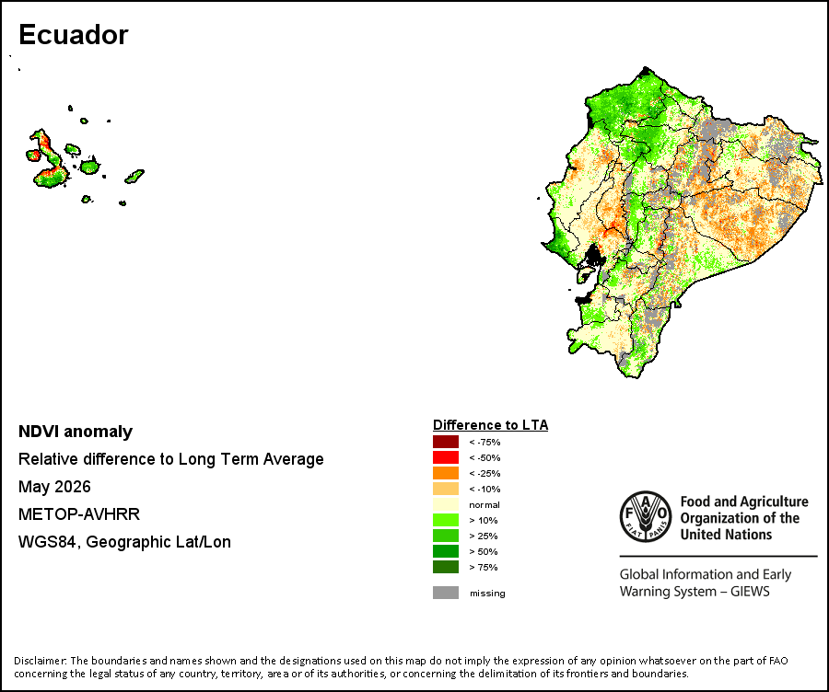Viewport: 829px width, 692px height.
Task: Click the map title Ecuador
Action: (x=74, y=35)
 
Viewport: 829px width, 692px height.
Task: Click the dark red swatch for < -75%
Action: (x=446, y=442)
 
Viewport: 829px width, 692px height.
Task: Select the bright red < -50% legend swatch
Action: (x=446, y=457)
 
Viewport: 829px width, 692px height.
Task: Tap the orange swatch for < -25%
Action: (x=446, y=473)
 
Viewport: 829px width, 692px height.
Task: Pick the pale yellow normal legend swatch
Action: (x=446, y=504)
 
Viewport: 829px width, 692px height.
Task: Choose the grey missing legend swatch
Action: (x=446, y=593)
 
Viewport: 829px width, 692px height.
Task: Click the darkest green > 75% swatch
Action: (x=446, y=567)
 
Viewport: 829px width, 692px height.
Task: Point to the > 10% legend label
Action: (x=484, y=520)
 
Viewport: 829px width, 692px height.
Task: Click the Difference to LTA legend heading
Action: (x=491, y=425)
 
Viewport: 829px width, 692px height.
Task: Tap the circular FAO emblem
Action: (x=646, y=516)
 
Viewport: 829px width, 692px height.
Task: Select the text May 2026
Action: (x=54, y=487)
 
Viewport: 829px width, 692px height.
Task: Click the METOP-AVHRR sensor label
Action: (x=79, y=514)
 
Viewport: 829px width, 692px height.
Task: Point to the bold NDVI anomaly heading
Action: (x=76, y=432)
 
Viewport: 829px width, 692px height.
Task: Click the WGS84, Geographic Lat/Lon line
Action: (x=124, y=542)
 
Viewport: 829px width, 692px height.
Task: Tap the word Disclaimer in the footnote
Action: (x=40, y=661)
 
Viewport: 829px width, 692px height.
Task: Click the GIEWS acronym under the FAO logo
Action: (x=750, y=591)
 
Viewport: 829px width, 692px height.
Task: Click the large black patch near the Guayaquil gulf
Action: (x=595, y=256)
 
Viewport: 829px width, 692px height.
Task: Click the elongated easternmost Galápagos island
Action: (x=134, y=176)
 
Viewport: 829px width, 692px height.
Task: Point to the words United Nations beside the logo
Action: (x=726, y=535)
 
